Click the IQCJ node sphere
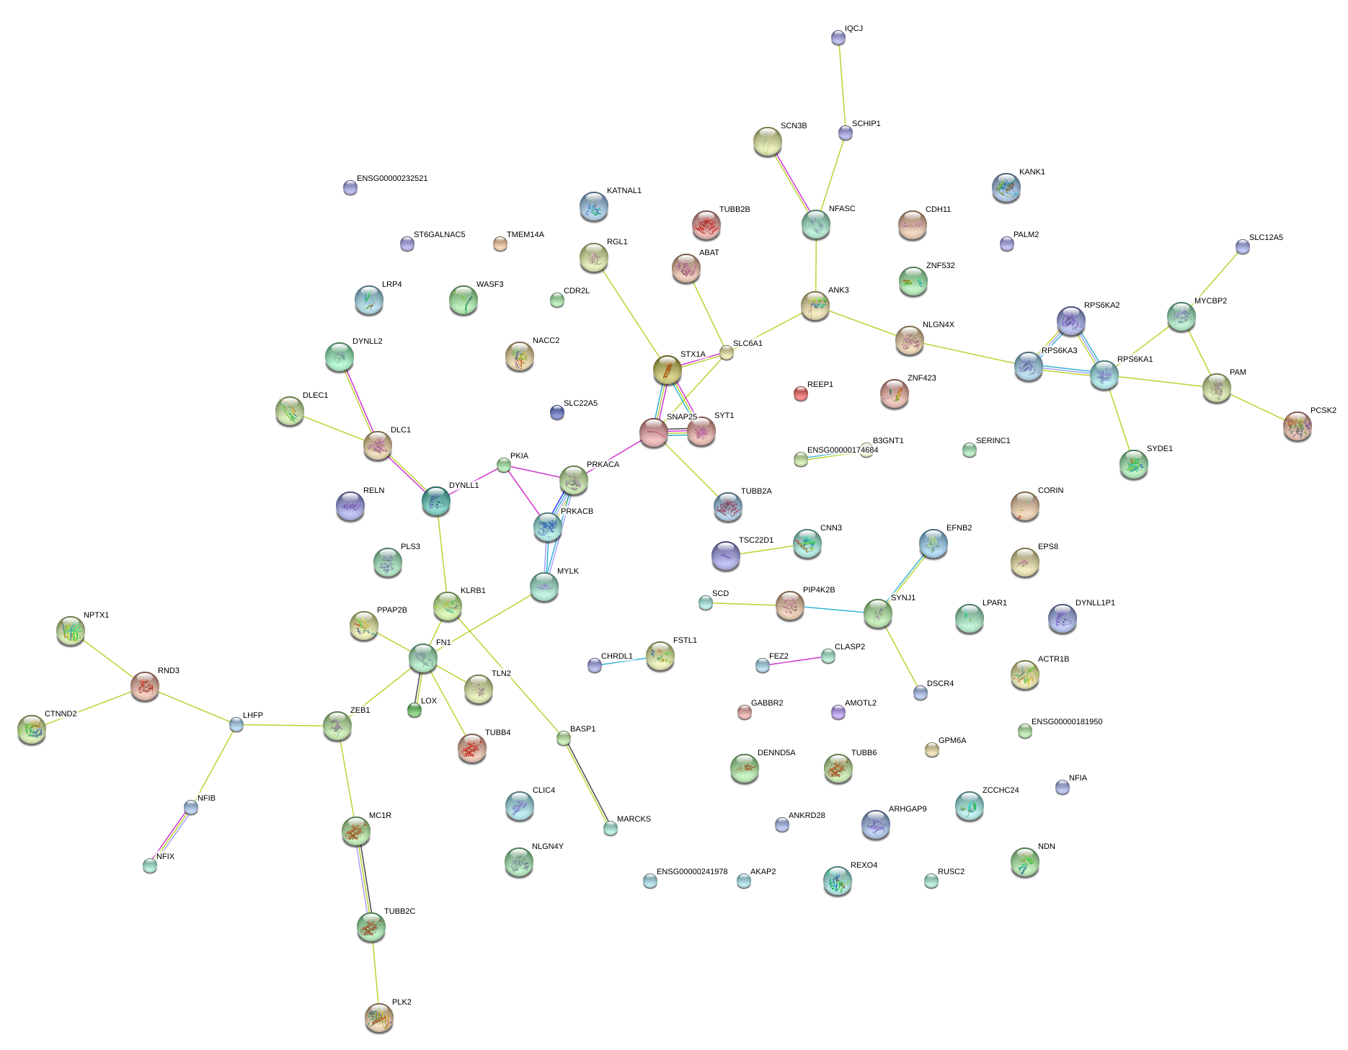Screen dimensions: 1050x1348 click(838, 37)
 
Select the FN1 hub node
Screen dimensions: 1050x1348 click(422, 658)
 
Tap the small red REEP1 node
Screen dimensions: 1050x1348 click(800, 393)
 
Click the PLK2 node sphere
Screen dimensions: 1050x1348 click(378, 1017)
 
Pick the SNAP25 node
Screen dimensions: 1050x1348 click(654, 432)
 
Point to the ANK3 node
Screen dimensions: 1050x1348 click(815, 306)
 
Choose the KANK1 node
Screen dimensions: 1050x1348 click(1006, 187)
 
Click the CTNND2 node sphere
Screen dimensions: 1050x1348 click(32, 729)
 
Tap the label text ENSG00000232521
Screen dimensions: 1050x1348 click(392, 178)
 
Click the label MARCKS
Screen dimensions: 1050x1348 click(634, 819)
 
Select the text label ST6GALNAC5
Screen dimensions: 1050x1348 click(439, 234)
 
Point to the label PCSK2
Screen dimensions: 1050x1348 click(1323, 410)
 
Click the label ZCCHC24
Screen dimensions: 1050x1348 click(1000, 790)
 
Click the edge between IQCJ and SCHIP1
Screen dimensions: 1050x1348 click(841, 85)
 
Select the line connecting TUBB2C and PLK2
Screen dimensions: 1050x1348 click(375, 972)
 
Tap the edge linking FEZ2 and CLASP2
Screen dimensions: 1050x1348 click(795, 660)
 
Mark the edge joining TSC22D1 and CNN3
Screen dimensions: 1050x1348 click(766, 550)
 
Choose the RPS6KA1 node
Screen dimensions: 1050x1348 click(1104, 375)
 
